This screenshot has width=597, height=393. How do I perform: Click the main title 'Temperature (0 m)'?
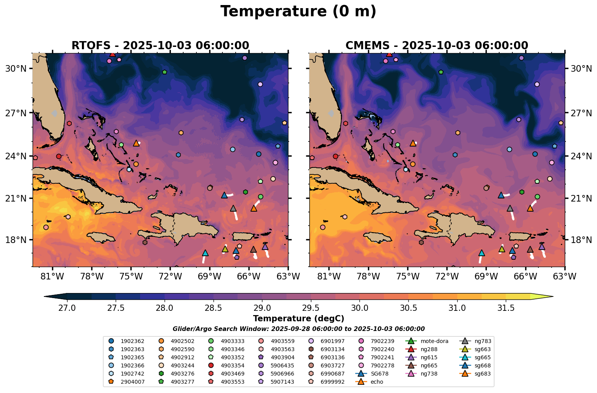(x=298, y=12)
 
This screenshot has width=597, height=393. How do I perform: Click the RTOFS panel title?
(x=160, y=45)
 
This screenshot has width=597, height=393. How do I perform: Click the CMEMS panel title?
(x=437, y=45)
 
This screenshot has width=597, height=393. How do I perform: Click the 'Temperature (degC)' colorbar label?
(x=298, y=319)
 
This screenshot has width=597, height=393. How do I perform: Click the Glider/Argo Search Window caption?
(x=298, y=329)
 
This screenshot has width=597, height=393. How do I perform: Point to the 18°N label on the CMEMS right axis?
(x=581, y=240)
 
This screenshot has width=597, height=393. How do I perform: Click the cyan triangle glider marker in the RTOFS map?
(x=205, y=253)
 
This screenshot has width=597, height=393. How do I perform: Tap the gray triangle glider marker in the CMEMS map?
(x=510, y=208)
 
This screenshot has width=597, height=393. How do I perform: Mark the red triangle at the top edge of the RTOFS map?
(x=113, y=54)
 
